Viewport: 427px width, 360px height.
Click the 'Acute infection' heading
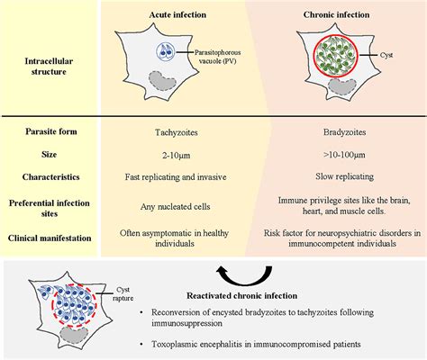tap(177, 14)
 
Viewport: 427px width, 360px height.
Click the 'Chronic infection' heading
tap(336, 14)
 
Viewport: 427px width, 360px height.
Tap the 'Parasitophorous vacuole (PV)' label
tap(217, 57)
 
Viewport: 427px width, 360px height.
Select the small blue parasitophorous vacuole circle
tap(165, 51)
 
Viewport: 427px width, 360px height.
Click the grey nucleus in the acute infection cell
tap(162, 80)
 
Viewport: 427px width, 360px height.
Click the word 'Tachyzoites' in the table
tap(177, 132)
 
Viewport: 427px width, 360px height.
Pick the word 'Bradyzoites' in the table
tap(344, 132)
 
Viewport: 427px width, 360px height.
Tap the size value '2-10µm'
tap(176, 155)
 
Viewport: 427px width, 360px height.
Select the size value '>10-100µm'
tap(344, 155)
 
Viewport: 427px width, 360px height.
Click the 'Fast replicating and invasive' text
tap(176, 177)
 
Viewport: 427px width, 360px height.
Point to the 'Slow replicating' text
tap(344, 176)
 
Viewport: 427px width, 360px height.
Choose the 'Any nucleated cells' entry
tap(176, 207)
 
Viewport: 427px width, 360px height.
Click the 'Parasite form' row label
tap(51, 131)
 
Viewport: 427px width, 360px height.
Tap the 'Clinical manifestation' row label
tap(50, 238)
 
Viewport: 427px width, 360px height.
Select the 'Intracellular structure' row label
tap(49, 67)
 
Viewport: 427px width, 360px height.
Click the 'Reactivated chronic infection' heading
tap(242, 296)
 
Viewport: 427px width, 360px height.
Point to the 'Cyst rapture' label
tap(123, 294)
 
